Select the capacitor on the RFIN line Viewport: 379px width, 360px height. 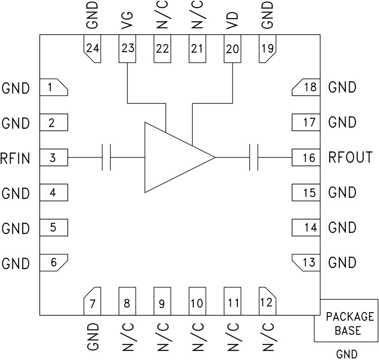(x=107, y=157)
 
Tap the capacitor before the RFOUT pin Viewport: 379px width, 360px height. (x=253, y=157)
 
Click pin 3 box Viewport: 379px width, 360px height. (x=54, y=158)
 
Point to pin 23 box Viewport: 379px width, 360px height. (x=127, y=49)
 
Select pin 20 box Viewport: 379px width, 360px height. (x=232, y=49)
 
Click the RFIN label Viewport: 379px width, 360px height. (x=16, y=158)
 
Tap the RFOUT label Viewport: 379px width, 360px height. (x=351, y=157)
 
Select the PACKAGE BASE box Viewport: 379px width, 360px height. (x=346, y=320)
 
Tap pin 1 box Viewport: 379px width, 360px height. (x=54, y=88)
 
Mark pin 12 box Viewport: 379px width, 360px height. (x=267, y=301)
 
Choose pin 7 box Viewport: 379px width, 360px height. (x=92, y=301)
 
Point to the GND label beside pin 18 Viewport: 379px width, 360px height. (x=342, y=88)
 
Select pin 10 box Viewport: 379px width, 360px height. (x=197, y=301)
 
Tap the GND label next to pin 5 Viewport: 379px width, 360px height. (x=16, y=228)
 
